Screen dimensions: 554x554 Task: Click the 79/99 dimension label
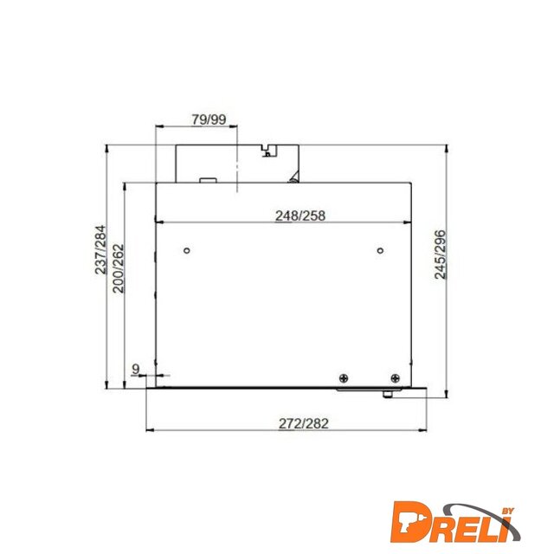(209, 119)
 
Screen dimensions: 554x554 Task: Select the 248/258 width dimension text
(300, 216)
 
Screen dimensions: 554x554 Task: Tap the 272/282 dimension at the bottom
(304, 423)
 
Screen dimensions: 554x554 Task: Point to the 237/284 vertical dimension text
(100, 249)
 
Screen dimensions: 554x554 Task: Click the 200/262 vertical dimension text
(119, 268)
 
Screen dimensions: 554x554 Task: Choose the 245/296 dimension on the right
(441, 254)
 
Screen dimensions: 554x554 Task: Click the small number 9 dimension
(136, 370)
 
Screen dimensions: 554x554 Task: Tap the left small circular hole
(187, 250)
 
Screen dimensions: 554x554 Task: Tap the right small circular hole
(380, 250)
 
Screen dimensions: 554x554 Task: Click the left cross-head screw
(344, 378)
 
